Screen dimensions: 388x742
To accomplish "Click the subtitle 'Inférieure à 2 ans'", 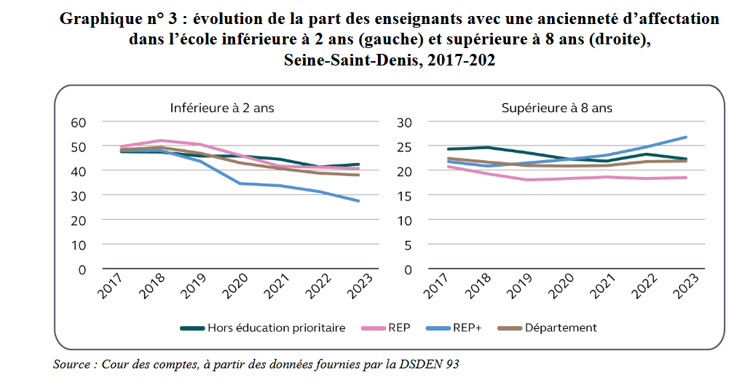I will pyautogui.click(x=222, y=108).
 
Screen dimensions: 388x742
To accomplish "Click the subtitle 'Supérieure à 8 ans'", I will pyautogui.click(x=556, y=108).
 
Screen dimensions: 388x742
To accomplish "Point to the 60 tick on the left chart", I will pyautogui.click(x=78, y=122).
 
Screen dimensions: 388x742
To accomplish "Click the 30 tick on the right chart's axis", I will pyautogui.click(x=405, y=122).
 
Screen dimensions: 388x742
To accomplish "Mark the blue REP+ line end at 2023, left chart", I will pyautogui.click(x=358, y=201).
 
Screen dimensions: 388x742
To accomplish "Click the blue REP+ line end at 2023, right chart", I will pyautogui.click(x=686, y=137).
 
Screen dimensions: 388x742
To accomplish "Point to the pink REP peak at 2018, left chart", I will pyautogui.click(x=161, y=140).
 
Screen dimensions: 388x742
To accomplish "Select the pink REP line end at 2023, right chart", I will pyautogui.click(x=686, y=178).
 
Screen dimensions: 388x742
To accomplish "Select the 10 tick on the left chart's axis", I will pyautogui.click(x=78, y=245).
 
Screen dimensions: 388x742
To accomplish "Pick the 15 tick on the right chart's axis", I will pyautogui.click(x=405, y=196).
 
